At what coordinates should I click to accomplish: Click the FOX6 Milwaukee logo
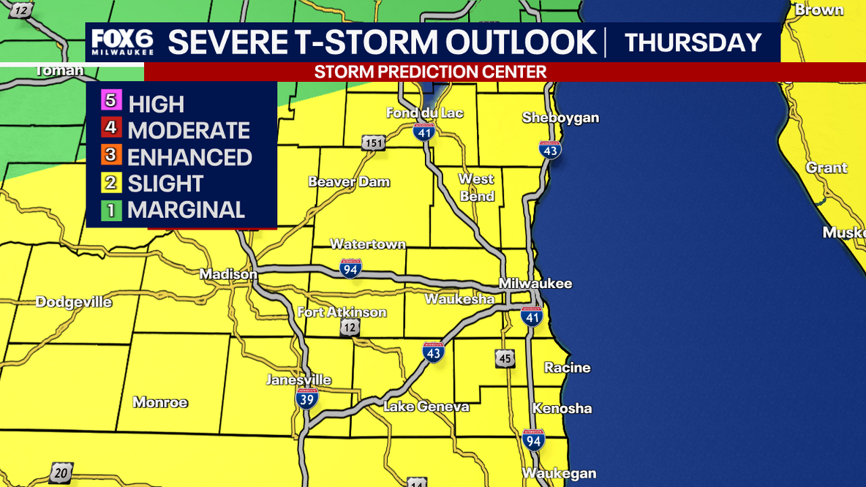click(x=123, y=43)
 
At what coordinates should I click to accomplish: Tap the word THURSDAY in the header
click(x=693, y=42)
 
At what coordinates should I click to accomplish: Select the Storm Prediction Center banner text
click(x=430, y=72)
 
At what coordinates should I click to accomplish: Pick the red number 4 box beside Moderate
click(x=111, y=128)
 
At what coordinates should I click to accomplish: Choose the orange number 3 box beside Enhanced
click(x=111, y=155)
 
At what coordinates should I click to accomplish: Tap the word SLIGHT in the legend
click(x=165, y=184)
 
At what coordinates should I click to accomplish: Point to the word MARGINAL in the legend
click(x=186, y=210)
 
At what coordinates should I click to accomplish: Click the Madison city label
click(x=228, y=274)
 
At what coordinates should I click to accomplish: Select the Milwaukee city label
click(x=535, y=284)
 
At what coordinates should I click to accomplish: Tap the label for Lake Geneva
click(x=426, y=407)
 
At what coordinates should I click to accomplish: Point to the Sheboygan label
click(x=560, y=118)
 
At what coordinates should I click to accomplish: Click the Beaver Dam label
click(x=349, y=182)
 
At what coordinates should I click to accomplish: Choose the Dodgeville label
click(x=74, y=302)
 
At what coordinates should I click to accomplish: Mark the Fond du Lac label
click(x=425, y=113)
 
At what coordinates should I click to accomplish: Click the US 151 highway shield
click(x=372, y=143)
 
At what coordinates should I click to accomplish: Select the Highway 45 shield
click(x=504, y=358)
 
